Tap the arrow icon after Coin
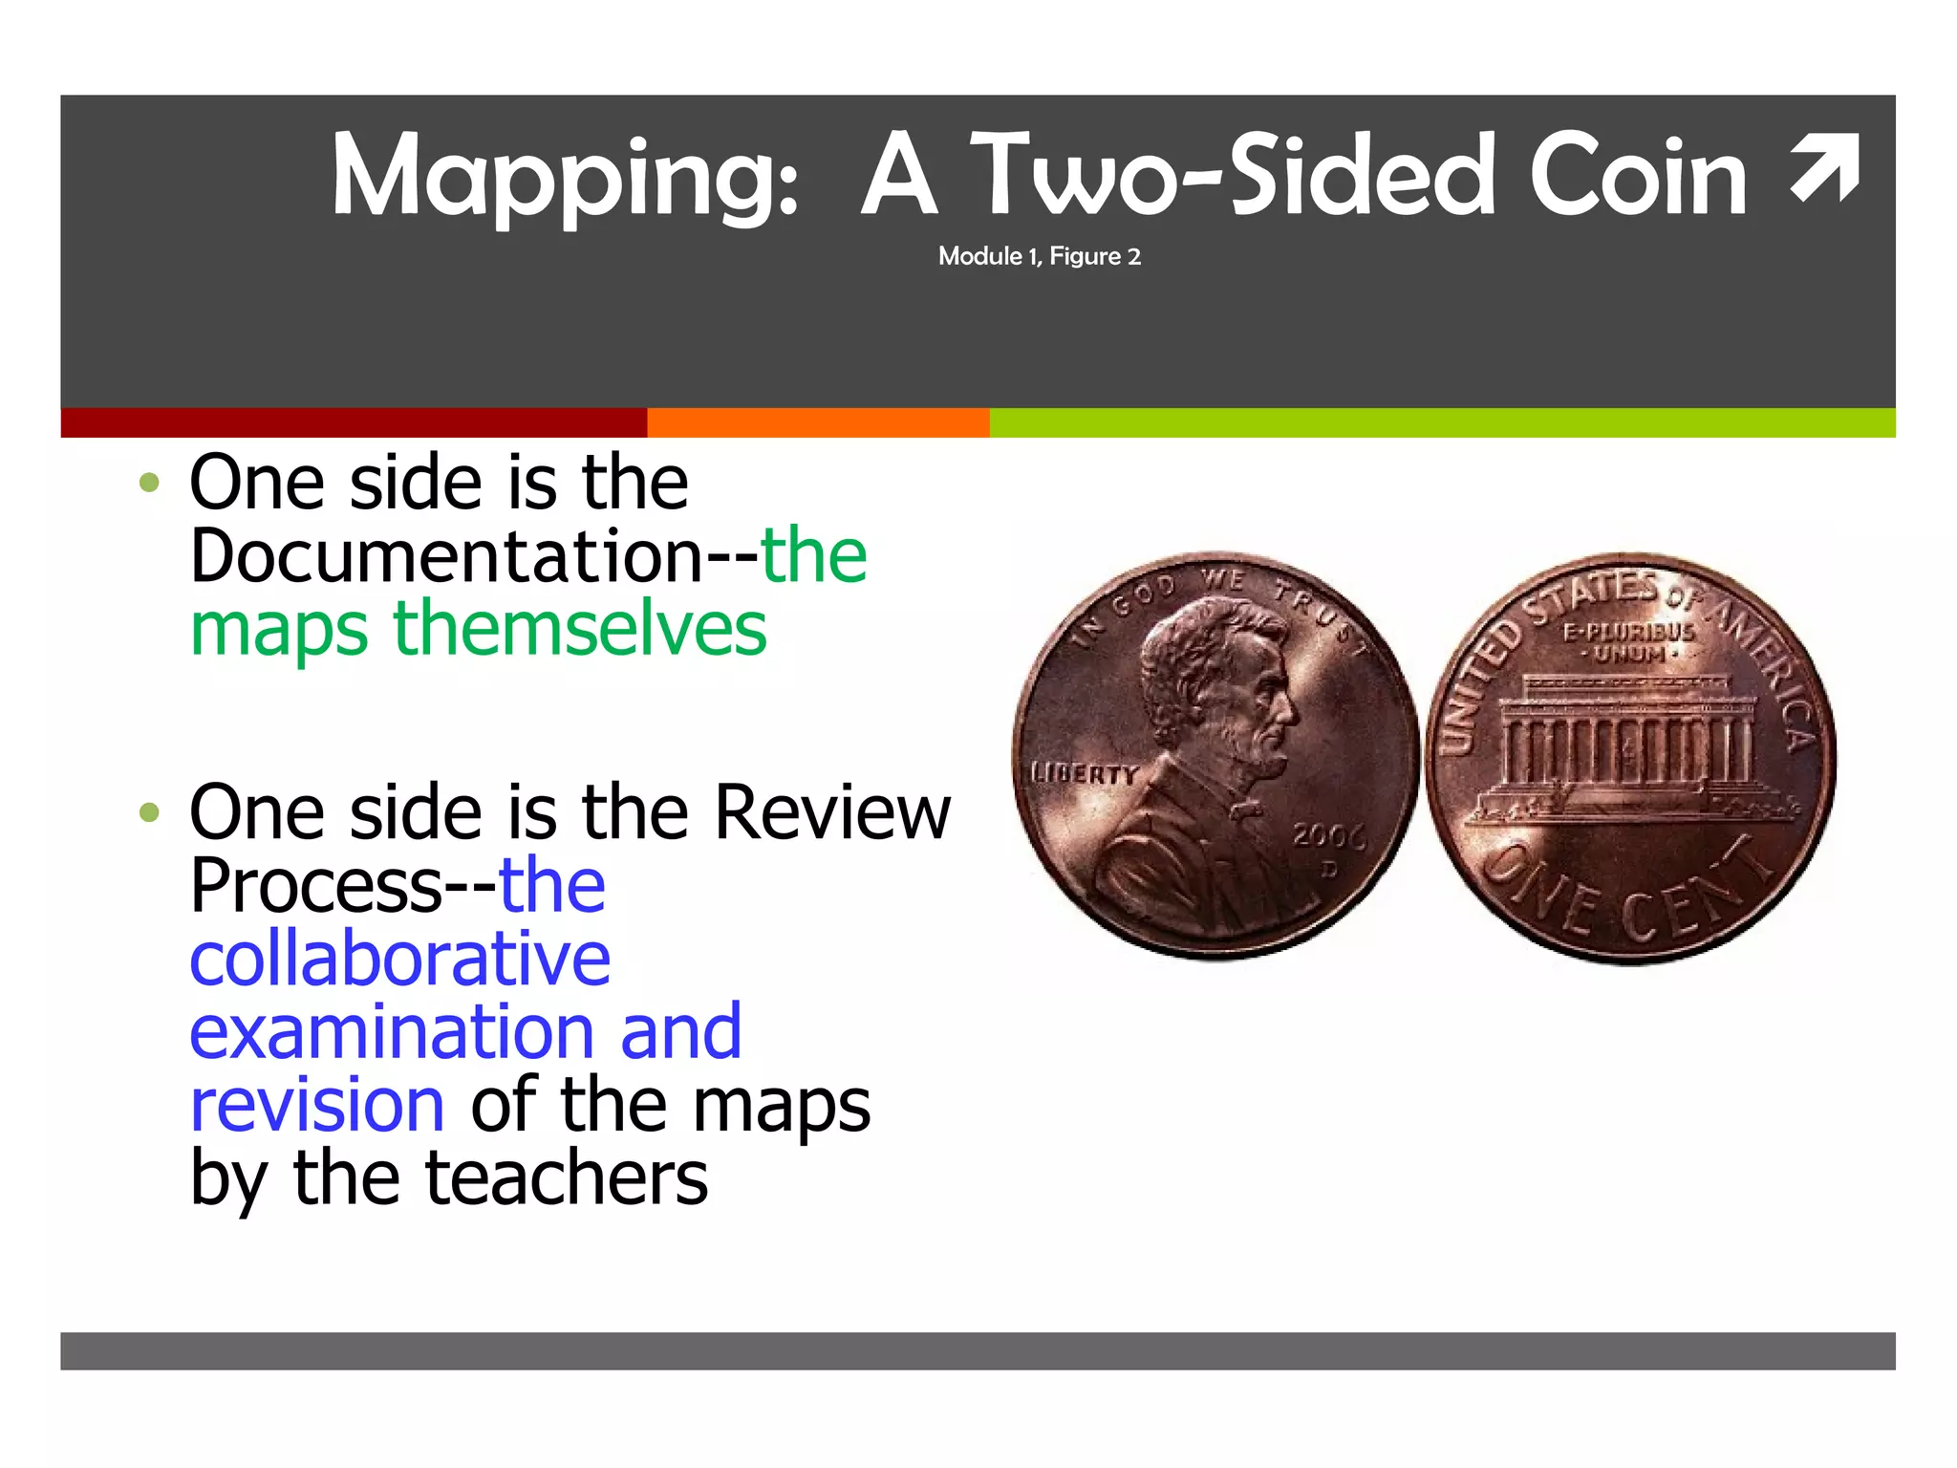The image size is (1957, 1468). (x=1825, y=169)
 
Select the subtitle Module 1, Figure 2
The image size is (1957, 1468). (x=1039, y=256)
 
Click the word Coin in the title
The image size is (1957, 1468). (x=1638, y=177)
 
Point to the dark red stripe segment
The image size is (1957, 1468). (x=354, y=422)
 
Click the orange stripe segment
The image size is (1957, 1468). (x=818, y=422)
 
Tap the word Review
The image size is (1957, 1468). (x=832, y=812)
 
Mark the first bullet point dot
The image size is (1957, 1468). (x=149, y=483)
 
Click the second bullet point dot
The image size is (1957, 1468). (x=149, y=813)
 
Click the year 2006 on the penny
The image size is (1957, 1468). (x=1329, y=836)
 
